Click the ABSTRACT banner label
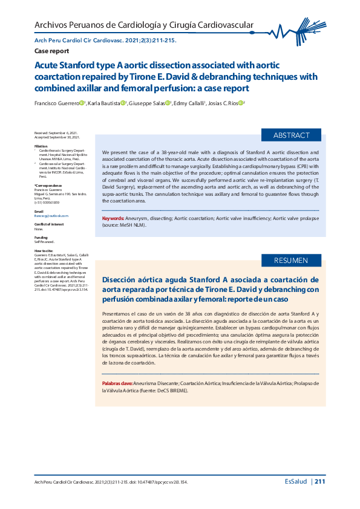(291, 135)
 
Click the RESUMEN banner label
(291, 261)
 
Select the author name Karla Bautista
(104, 103)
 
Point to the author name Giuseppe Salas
(148, 103)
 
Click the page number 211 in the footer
(320, 482)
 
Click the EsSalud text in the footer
(296, 482)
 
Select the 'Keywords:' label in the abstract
(113, 218)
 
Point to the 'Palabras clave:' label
(117, 384)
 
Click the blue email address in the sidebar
(51, 215)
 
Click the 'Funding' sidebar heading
(41, 238)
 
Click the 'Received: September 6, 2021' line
(56, 133)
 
